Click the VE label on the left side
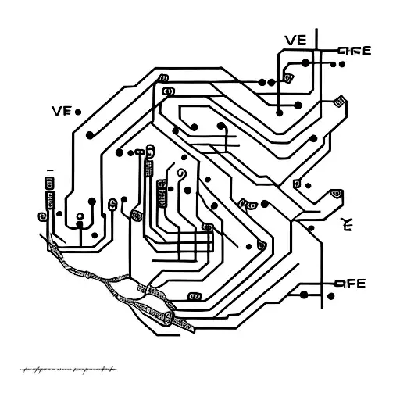click(x=61, y=111)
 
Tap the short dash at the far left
click(x=49, y=169)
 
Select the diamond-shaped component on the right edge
click(x=340, y=102)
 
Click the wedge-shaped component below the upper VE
click(x=290, y=78)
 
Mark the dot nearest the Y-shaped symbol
click(x=311, y=228)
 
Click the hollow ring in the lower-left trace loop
click(x=80, y=218)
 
